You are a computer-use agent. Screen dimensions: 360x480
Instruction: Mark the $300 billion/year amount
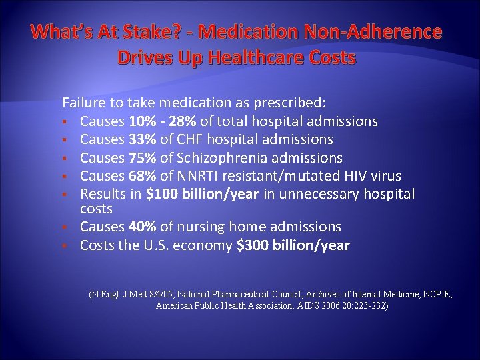293,245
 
